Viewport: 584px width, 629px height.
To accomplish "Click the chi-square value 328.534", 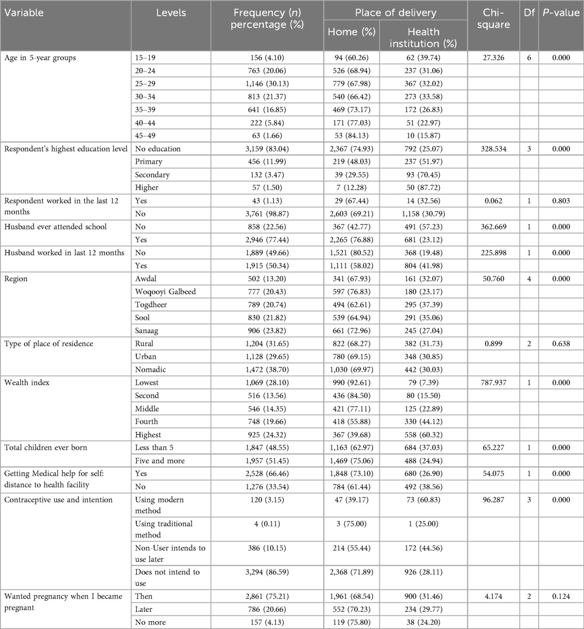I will tap(489, 148).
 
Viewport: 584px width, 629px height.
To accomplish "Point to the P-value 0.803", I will tap(560, 200).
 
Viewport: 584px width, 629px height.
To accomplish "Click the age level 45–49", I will tap(144, 135).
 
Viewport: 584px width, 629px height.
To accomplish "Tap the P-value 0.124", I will tap(560, 597).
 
